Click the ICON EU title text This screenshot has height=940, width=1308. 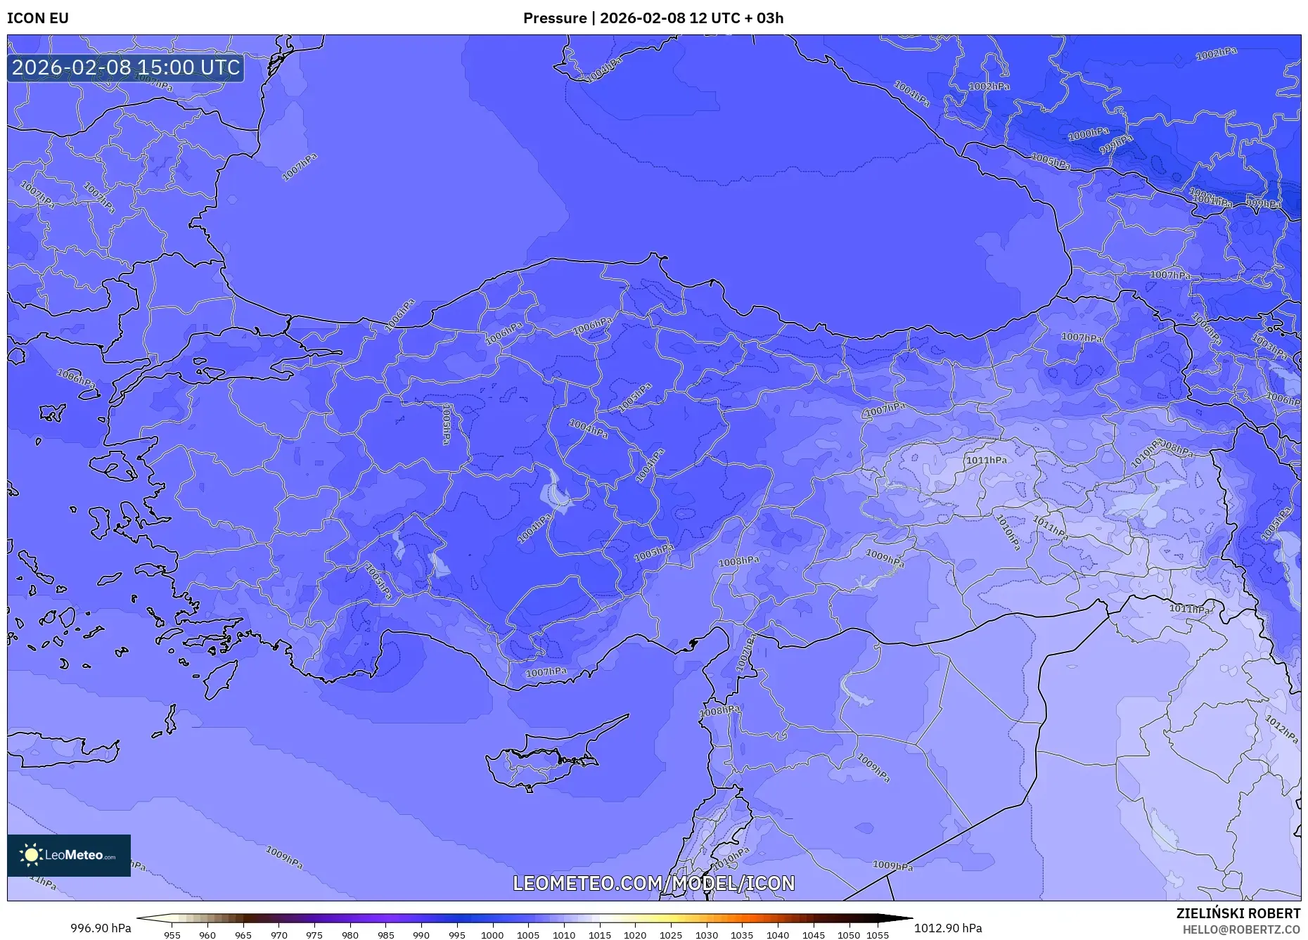[38, 18]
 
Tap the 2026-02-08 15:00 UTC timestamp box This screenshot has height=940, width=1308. [126, 67]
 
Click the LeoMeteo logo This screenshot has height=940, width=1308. [69, 855]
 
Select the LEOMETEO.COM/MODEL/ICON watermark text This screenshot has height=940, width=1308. [653, 883]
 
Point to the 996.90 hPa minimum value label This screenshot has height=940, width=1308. [101, 928]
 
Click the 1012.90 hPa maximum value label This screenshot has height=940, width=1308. [947, 928]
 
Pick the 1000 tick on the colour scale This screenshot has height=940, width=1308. [492, 935]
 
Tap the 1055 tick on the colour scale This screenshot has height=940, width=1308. [878, 935]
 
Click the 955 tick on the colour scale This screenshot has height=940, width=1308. [172, 935]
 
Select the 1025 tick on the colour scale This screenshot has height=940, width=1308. [670, 935]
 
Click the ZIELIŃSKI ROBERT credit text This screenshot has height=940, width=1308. [1238, 913]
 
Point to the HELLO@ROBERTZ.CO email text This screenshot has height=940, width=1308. [1240, 929]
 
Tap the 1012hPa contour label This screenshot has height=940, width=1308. [1281, 729]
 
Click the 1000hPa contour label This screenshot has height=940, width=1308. [1088, 134]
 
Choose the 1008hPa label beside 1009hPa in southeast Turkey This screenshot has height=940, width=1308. [738, 561]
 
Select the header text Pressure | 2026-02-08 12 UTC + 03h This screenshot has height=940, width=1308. [653, 18]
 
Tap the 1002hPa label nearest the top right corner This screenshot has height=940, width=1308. [1216, 53]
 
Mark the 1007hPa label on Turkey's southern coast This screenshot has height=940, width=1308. [546, 672]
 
